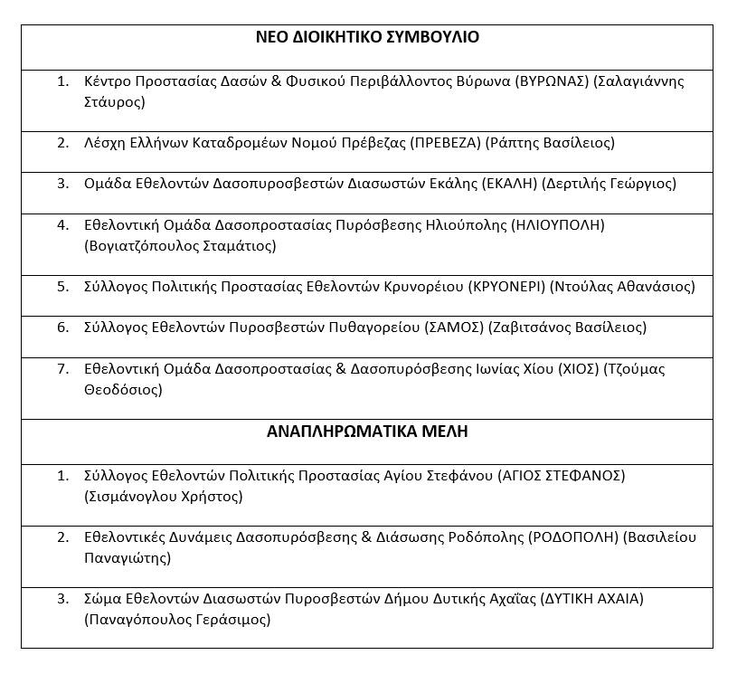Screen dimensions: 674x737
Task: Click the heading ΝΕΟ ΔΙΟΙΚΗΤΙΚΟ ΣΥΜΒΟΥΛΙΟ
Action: (367, 37)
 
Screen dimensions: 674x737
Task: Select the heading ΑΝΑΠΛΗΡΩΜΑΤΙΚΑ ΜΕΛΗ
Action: (367, 432)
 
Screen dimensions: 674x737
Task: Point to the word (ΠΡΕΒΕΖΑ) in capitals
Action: (446, 143)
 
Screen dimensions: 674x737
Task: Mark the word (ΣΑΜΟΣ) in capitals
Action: (454, 328)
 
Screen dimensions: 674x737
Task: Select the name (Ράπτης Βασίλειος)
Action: (550, 143)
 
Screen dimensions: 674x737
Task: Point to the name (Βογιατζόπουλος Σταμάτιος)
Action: (179, 245)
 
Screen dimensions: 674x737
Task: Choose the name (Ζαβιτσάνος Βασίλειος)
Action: (567, 328)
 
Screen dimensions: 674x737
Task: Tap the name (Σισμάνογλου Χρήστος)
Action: (163, 496)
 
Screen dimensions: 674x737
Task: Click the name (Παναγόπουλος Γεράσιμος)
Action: (176, 620)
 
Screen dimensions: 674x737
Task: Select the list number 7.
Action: (62, 369)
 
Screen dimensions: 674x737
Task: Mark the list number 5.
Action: (62, 287)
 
